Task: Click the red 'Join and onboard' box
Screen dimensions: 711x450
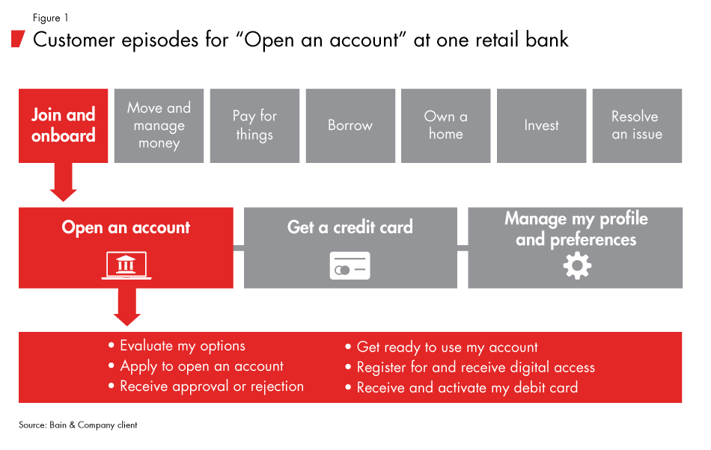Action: pyautogui.click(x=63, y=126)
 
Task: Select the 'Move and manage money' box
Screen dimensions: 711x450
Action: pyautogui.click(x=159, y=126)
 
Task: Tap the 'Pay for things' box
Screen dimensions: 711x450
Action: pyautogui.click(x=254, y=126)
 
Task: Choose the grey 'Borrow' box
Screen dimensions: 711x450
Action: pyautogui.click(x=350, y=126)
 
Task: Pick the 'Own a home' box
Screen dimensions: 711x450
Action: pyautogui.click(x=446, y=126)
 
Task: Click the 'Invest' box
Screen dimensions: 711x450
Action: pyautogui.click(x=541, y=126)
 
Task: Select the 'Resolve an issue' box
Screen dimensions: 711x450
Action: pyautogui.click(x=637, y=126)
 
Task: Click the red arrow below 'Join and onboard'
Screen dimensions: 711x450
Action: pyautogui.click(x=63, y=182)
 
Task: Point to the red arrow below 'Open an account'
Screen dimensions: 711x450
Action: pyautogui.click(x=127, y=307)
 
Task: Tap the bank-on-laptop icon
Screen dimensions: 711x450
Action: pyautogui.click(x=126, y=265)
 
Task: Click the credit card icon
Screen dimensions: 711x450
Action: pyautogui.click(x=350, y=266)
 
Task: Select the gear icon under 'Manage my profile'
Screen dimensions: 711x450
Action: pyautogui.click(x=577, y=266)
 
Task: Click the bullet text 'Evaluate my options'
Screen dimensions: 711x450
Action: pyautogui.click(x=183, y=346)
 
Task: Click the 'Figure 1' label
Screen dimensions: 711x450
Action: pyautogui.click(x=50, y=18)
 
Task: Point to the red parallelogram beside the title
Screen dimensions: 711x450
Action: pyautogui.click(x=18, y=39)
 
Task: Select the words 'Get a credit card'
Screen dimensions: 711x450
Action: pyautogui.click(x=350, y=226)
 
